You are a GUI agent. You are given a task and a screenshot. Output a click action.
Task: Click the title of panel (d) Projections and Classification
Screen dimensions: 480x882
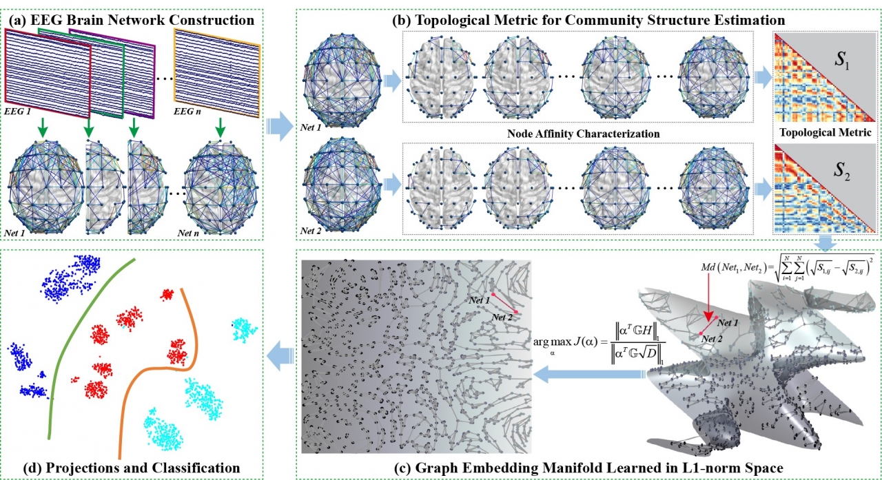[x=122, y=468]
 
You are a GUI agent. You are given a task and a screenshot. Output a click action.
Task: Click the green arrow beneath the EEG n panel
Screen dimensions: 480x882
[x=219, y=127]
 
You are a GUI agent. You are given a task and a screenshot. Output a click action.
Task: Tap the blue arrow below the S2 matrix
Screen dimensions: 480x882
[x=825, y=242]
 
